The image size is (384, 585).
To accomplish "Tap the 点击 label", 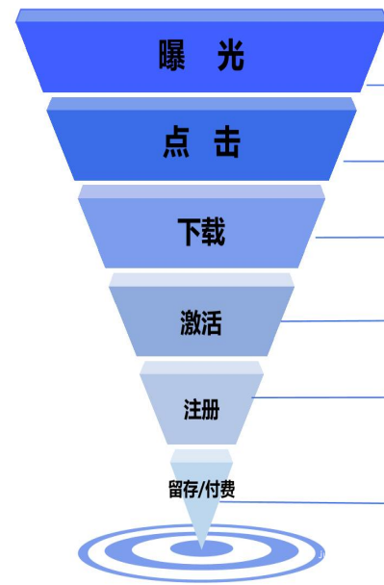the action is pyautogui.click(x=201, y=144).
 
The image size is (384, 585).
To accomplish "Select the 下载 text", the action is pyautogui.click(x=201, y=232).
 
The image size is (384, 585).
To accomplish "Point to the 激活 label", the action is pyautogui.click(x=201, y=322).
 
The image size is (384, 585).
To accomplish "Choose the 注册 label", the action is pyautogui.click(x=201, y=410).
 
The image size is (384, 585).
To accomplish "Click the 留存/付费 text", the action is pyautogui.click(x=201, y=489).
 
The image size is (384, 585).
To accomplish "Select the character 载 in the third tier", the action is pyautogui.click(x=214, y=232).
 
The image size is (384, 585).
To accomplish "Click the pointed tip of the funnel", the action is pyautogui.click(x=201, y=547).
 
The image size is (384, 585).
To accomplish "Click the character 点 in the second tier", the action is pyautogui.click(x=176, y=144).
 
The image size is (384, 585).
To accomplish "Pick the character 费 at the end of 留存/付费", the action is pyautogui.click(x=227, y=489).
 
